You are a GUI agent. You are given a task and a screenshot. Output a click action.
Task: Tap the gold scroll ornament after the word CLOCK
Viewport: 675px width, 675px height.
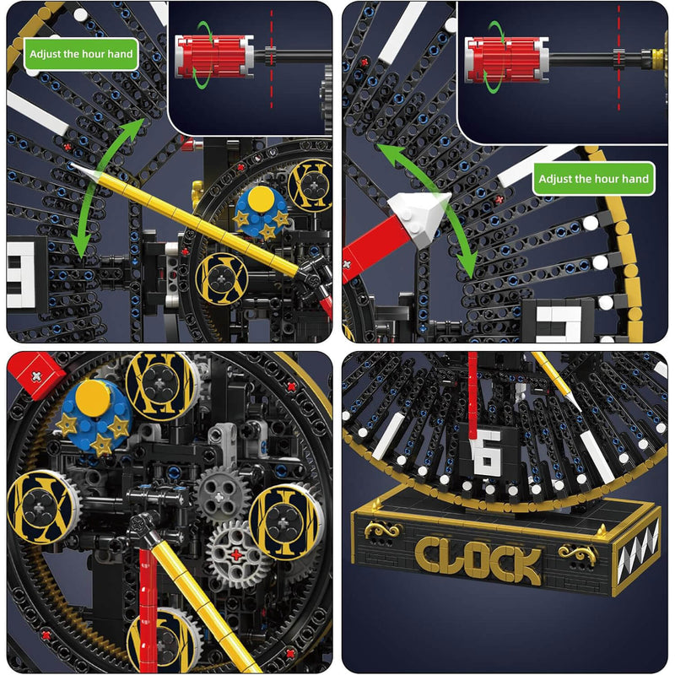point(576,553)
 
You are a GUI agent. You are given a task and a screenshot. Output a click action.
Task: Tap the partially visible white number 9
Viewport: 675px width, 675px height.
point(24,274)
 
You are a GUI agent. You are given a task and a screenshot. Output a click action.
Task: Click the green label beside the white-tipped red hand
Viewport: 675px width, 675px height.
point(593,179)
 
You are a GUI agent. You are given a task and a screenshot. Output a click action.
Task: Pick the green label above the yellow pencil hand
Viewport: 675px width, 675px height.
point(81,54)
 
